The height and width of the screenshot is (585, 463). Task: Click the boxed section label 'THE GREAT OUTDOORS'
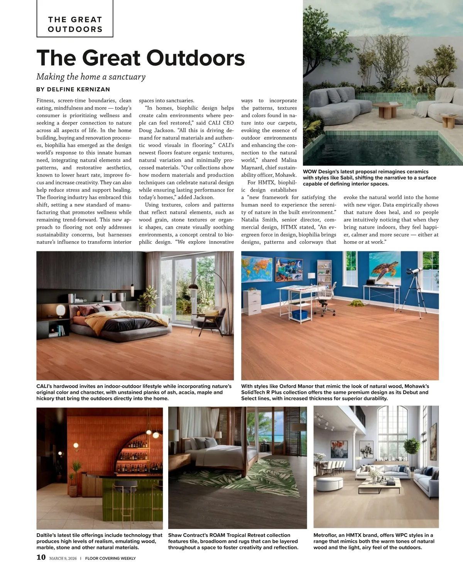75,24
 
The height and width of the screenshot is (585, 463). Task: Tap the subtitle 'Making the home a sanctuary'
91,76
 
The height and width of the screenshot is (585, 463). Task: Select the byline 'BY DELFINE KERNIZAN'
73,89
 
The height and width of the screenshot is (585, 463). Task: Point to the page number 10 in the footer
41,557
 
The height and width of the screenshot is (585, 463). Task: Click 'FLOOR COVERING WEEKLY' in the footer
110,558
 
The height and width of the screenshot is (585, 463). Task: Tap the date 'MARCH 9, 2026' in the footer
63,558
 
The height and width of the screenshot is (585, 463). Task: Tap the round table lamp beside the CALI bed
61,310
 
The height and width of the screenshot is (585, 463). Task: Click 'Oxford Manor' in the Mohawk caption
294,386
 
